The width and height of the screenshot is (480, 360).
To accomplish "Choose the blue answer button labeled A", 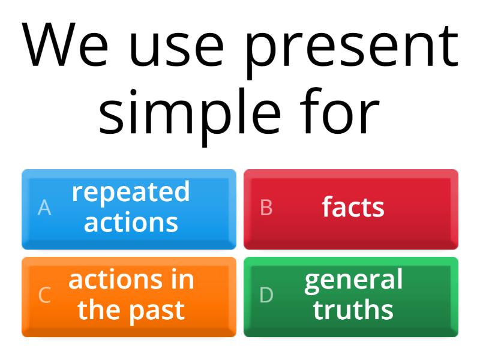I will pos(129,209).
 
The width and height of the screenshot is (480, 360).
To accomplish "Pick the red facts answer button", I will pos(351,209).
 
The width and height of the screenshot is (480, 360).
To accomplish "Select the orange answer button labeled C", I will pos(129,296).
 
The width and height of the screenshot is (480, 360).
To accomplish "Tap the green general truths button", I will pos(351,296).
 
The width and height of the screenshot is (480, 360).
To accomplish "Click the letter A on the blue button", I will pos(44,208).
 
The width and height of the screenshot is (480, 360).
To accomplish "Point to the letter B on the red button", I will pos(266,208).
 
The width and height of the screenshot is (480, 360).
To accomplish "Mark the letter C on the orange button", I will pos(44,295).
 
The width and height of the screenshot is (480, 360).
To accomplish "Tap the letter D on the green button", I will pos(266,295).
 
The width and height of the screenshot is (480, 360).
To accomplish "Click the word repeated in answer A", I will pos(131,193).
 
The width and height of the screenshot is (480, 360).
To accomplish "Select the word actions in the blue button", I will pos(131,223).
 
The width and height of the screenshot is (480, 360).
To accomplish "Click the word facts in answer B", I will pos(353,208).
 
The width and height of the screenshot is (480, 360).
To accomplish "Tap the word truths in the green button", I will pos(353,310).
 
